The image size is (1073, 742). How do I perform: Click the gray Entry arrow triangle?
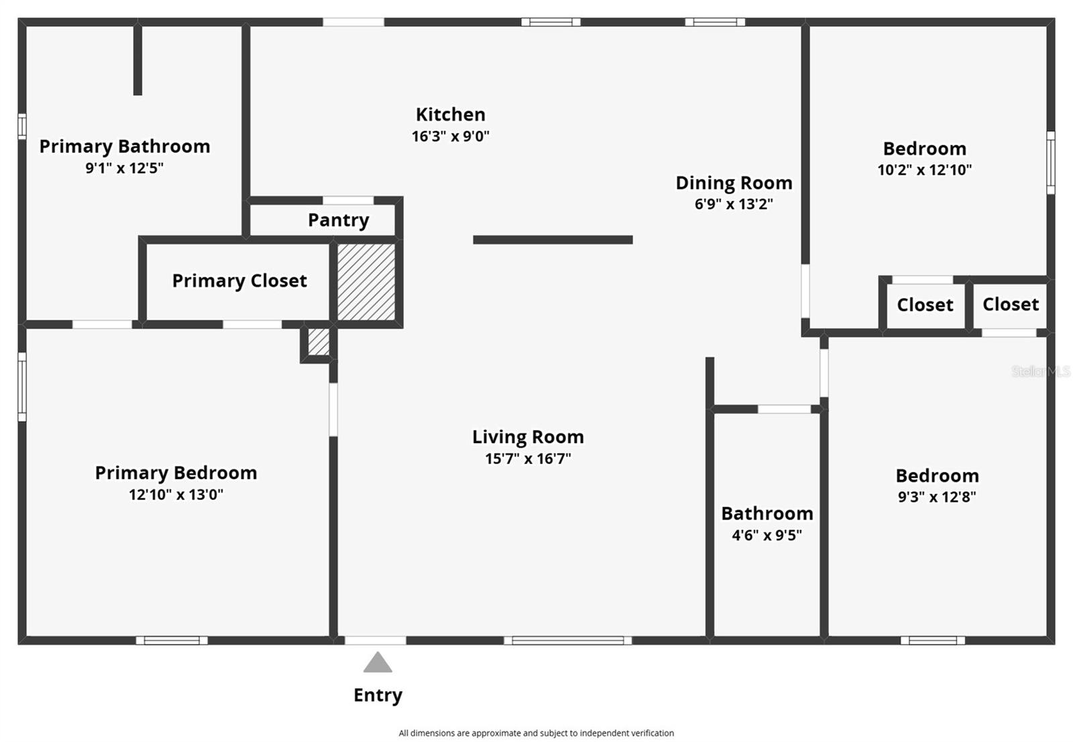378,664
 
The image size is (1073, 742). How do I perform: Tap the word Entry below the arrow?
378,695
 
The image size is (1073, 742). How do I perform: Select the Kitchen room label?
450,115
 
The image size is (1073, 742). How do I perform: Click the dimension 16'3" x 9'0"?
450,136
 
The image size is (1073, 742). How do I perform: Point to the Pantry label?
338,220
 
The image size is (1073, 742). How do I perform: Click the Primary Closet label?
239,280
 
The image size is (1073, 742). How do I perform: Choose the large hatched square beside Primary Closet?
366,282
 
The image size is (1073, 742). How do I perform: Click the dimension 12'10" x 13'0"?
176,495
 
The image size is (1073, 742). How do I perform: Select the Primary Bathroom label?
125,146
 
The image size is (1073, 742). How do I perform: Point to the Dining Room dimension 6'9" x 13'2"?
734,204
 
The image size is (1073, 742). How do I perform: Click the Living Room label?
528,437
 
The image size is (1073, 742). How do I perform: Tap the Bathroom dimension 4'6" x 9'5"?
767,535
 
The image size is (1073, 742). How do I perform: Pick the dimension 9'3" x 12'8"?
937,497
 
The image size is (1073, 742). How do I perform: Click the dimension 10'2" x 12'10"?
924,170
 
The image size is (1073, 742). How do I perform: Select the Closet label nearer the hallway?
925,305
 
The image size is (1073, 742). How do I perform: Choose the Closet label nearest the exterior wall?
1010,304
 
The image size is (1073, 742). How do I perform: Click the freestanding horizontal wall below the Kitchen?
553,240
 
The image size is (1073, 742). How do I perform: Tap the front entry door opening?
376,640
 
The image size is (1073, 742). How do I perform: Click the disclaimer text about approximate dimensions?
536,733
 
